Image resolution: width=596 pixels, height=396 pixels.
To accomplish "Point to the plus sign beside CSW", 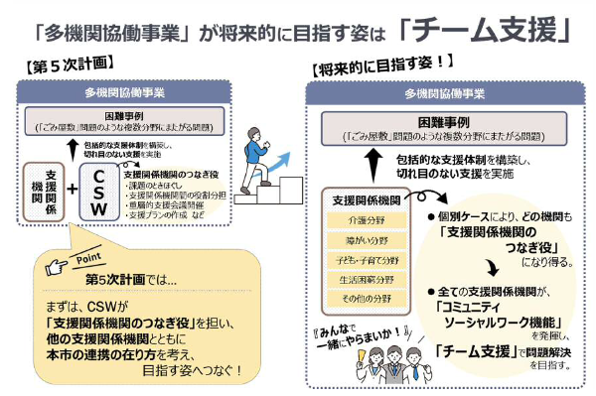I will (x=72, y=191).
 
